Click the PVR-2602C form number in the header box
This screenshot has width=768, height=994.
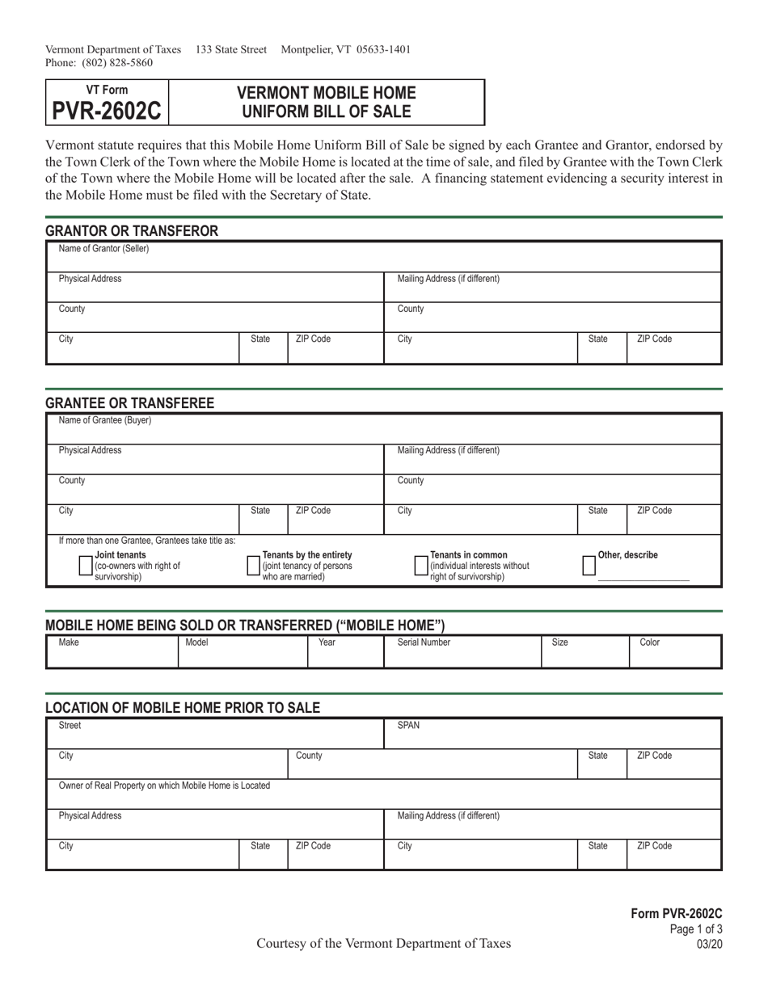(107, 110)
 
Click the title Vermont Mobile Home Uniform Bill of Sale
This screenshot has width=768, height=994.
(327, 102)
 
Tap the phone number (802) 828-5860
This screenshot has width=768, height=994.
(116, 62)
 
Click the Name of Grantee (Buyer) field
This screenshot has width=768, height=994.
(383, 431)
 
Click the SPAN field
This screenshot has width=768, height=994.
(552, 736)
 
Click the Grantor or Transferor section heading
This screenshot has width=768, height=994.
(132, 231)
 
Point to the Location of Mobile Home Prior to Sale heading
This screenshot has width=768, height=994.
(183, 708)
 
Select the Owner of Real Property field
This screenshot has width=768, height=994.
(383, 796)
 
